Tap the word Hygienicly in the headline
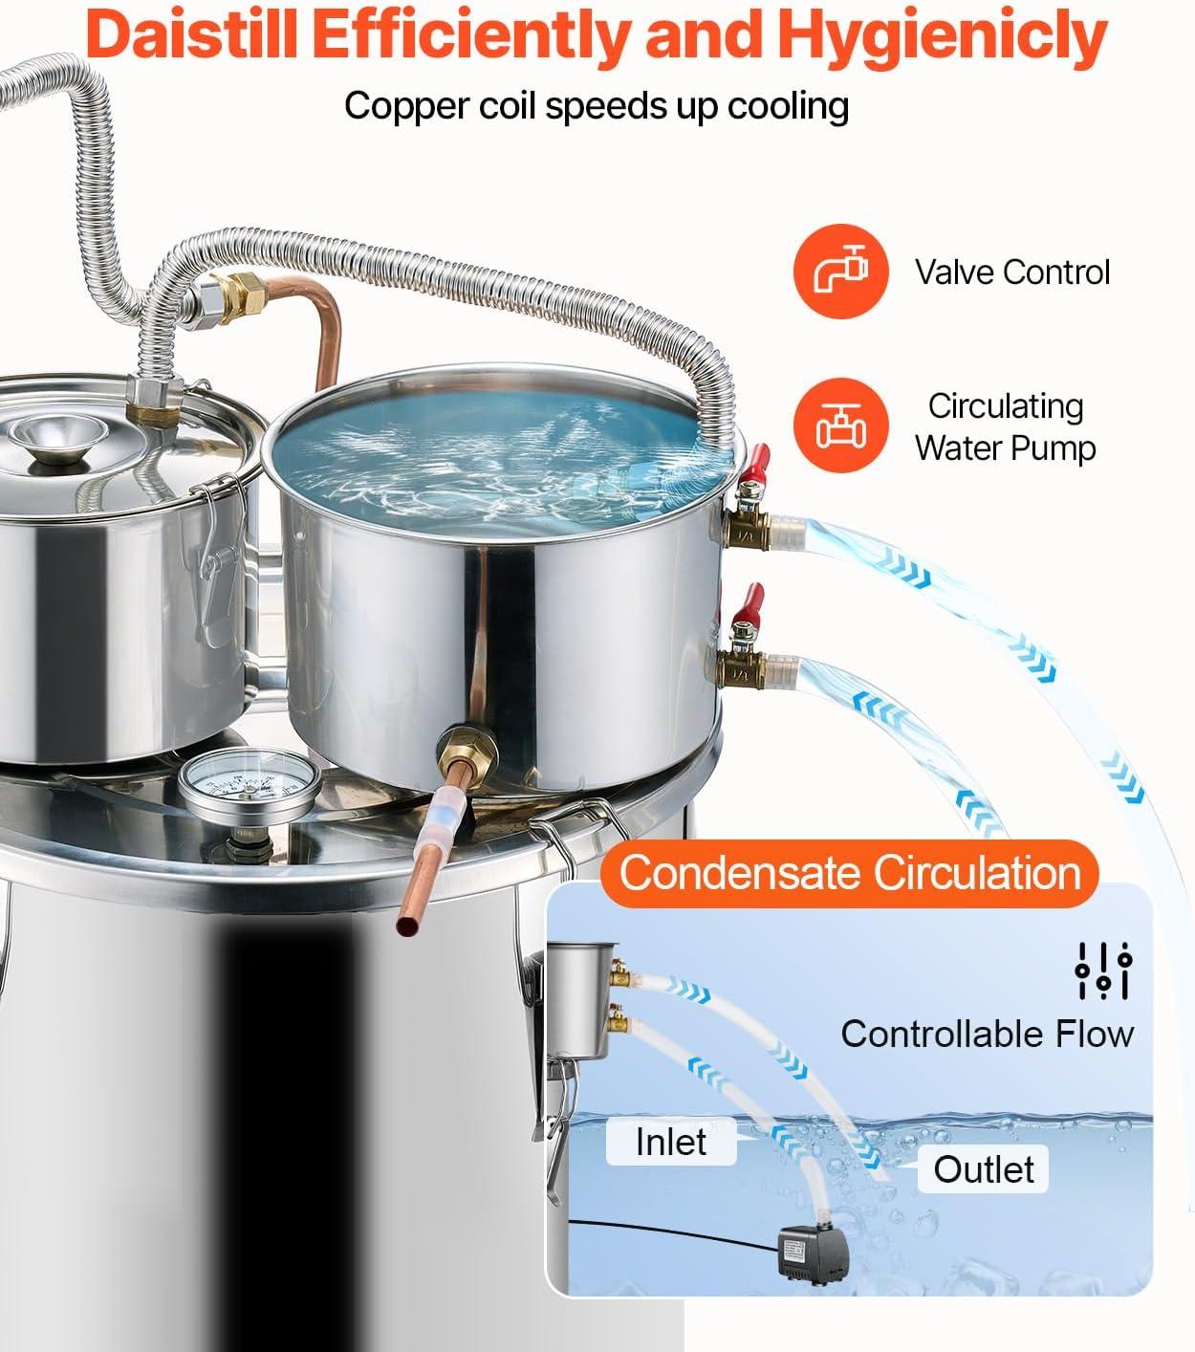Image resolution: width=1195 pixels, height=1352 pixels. tap(942, 38)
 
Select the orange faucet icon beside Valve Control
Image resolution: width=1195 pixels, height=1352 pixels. tap(840, 271)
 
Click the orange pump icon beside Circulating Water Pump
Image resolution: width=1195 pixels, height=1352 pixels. tap(840, 425)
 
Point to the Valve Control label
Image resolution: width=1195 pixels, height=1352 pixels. tap(1012, 273)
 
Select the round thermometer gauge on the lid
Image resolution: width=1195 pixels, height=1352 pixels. tap(250, 785)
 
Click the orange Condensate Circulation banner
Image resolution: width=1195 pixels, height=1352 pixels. tap(849, 874)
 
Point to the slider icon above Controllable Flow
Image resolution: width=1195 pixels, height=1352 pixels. tap(1103, 970)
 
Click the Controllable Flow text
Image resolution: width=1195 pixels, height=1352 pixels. tap(987, 1035)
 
